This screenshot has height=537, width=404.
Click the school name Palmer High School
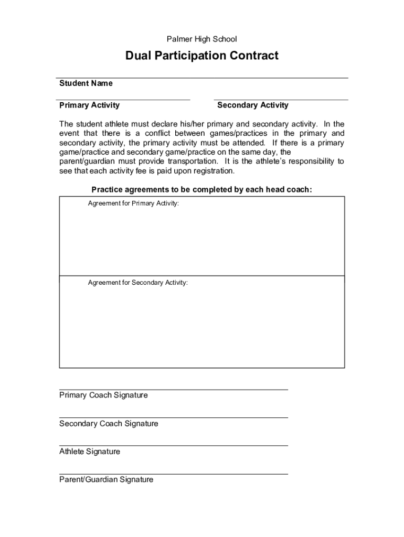coord(202,39)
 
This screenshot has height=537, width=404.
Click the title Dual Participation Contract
coord(202,56)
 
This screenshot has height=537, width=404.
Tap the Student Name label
coord(86,83)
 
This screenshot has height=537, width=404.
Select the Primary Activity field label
coord(89,105)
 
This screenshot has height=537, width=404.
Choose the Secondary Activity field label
coord(252,105)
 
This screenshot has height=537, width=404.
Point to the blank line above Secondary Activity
coord(281,100)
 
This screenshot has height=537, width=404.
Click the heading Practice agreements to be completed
coord(201,189)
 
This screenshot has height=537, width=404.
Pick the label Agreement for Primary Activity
coord(133,203)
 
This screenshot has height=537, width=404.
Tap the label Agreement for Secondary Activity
coord(137,283)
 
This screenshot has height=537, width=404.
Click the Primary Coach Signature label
coord(103,395)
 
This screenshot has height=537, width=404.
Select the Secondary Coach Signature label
coord(109,423)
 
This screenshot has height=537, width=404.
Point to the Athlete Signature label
coord(90,452)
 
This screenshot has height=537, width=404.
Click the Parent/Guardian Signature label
coord(106,479)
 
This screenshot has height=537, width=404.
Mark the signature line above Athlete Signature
coord(173,446)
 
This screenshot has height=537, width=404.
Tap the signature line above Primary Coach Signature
coord(173,390)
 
